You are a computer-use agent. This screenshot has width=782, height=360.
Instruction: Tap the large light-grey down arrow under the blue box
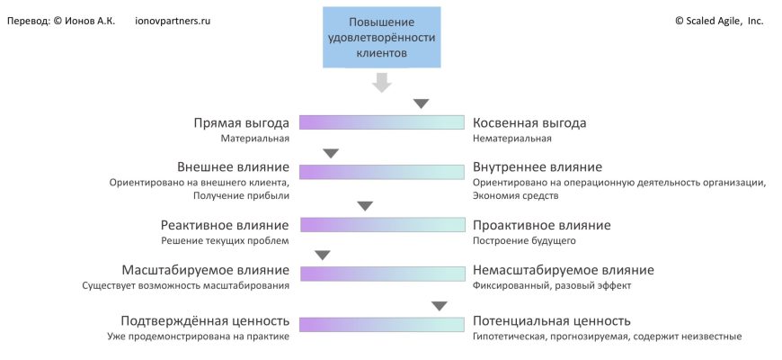tap(382, 82)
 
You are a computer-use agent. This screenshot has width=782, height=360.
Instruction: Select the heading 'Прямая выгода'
tap(242, 122)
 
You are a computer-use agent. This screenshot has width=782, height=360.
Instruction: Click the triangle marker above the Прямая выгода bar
tap(422, 103)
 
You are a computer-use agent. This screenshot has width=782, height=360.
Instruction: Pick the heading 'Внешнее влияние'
tap(233, 167)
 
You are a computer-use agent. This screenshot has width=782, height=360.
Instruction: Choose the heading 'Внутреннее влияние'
tap(538, 167)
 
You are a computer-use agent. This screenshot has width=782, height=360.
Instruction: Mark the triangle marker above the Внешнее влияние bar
tap(331, 154)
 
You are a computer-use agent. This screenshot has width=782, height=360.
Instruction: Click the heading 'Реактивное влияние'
tap(225, 225)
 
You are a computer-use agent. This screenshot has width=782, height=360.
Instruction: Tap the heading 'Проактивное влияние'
tap(542, 225)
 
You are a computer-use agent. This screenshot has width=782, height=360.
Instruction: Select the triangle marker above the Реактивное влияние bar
tap(365, 206)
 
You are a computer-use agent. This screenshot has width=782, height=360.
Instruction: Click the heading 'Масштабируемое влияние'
tap(205, 270)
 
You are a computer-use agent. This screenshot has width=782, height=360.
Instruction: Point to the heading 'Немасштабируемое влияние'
tap(564, 270)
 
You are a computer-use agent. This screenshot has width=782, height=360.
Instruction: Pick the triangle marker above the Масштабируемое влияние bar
tap(323, 256)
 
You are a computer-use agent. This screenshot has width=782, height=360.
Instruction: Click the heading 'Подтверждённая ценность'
tap(205, 321)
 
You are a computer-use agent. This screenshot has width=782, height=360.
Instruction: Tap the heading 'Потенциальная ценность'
tap(552, 321)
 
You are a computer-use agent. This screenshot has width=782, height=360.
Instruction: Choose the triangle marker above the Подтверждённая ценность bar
tap(440, 306)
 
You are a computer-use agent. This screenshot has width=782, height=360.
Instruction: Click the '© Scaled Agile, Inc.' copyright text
tap(719, 20)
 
